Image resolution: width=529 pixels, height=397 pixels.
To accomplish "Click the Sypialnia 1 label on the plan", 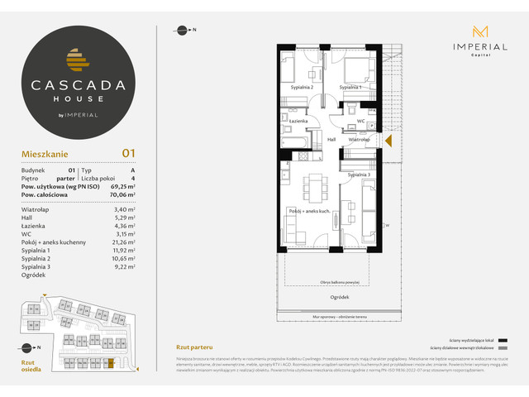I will click(352, 87).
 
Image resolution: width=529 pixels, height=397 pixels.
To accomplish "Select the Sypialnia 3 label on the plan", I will click(359, 175).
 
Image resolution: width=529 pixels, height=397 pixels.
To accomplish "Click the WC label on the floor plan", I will click(360, 121).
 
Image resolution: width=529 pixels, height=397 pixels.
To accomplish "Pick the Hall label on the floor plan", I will click(331, 140).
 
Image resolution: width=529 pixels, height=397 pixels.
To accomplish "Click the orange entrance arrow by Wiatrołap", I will click(388, 140).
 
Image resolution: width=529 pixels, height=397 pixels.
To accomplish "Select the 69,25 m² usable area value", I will click(122, 189).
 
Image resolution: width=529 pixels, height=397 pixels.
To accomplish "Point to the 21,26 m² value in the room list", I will click(123, 244).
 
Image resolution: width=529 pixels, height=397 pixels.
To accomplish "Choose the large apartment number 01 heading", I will click(129, 153).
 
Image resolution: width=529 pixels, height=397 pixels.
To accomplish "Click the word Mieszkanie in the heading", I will click(45, 154).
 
